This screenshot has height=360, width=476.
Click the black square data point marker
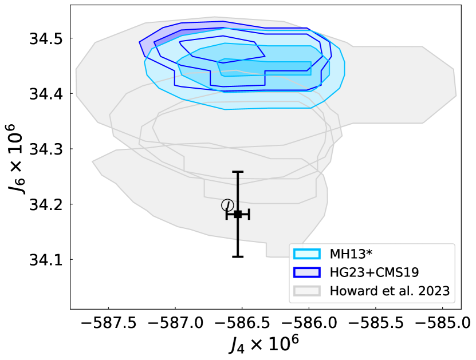(x=238, y=214)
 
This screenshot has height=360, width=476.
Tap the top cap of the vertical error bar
(x=238, y=172)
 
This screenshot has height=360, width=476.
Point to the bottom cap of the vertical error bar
(x=238, y=256)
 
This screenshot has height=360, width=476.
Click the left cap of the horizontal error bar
(x=227, y=214)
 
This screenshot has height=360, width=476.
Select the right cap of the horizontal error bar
(x=249, y=214)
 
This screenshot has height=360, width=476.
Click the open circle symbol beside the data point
(x=227, y=205)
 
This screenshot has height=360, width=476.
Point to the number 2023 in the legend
(x=434, y=291)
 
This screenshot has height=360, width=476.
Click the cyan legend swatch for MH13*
(x=306, y=254)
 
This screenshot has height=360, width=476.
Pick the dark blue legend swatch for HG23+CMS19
(x=306, y=272)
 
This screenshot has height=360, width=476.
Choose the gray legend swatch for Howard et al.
(x=306, y=291)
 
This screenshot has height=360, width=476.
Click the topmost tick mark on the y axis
(x=70, y=38)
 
